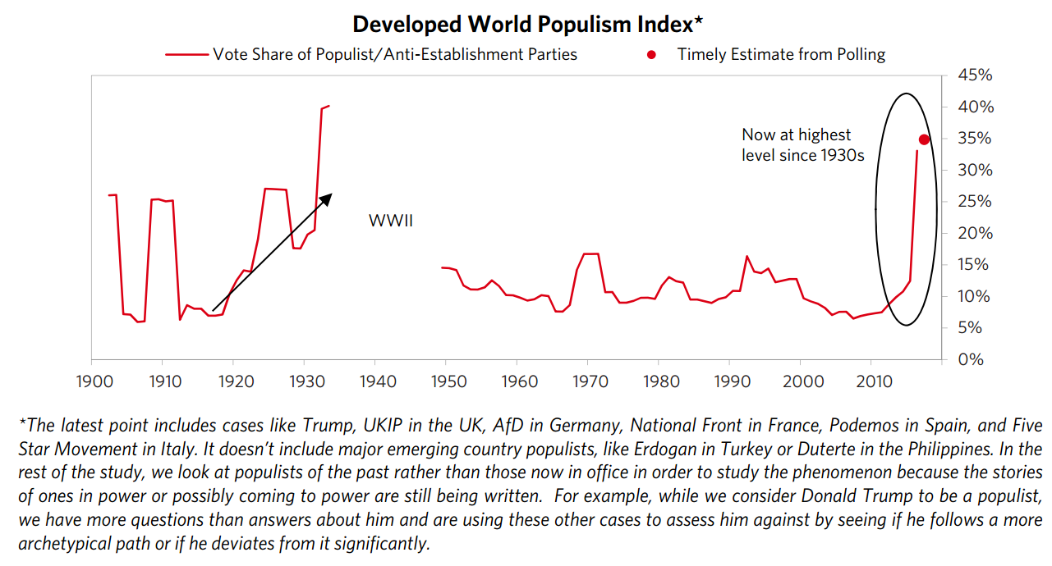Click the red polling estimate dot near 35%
[x=924, y=139]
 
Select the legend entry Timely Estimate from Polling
[x=781, y=55]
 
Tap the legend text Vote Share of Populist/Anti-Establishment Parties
[x=395, y=55]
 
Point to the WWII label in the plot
[x=390, y=221]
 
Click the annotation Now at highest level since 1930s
[x=802, y=144]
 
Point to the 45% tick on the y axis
[x=976, y=75]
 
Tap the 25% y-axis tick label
[x=976, y=202]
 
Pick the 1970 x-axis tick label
[x=588, y=381]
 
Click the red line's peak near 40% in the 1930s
[x=328, y=106]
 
